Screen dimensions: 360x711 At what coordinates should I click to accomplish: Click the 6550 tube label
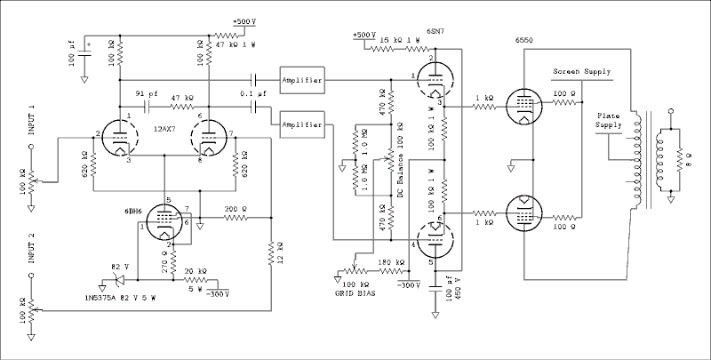click(x=525, y=41)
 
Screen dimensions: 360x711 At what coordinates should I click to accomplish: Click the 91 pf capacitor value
click(x=147, y=92)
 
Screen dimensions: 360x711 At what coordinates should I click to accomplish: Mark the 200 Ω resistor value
click(x=236, y=208)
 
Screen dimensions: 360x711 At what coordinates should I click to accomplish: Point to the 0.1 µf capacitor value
click(x=254, y=92)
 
